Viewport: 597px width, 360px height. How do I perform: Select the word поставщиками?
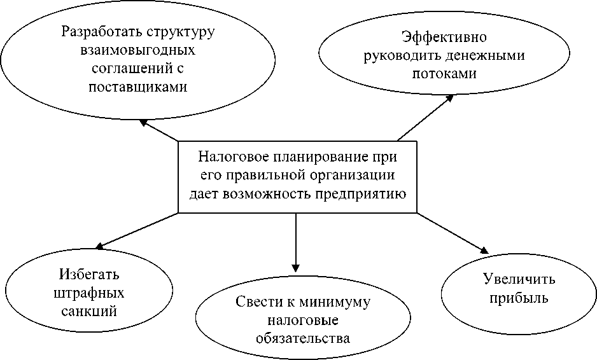point(139,87)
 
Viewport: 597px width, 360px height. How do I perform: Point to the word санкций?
point(90,312)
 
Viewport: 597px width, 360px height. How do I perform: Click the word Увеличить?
point(519,279)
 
